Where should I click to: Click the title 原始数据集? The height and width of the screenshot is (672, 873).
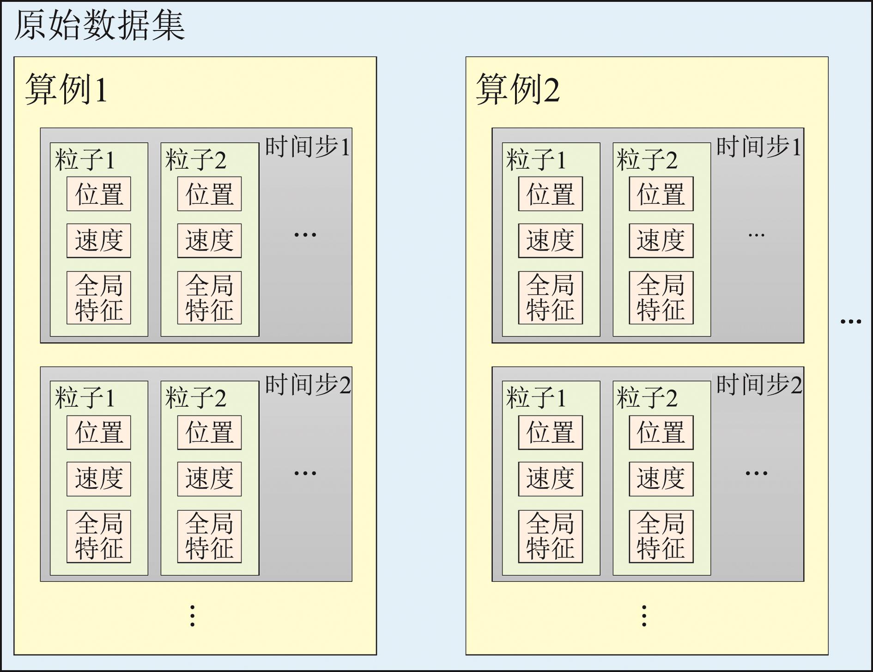tap(100, 25)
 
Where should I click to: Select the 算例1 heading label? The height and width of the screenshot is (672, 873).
tap(66, 89)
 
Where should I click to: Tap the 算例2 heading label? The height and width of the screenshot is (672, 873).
tap(517, 89)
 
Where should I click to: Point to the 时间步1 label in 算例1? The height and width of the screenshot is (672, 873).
tap(307, 147)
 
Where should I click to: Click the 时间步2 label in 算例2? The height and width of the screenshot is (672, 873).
tap(759, 385)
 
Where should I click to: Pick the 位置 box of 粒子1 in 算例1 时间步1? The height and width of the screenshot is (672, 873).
tap(99, 194)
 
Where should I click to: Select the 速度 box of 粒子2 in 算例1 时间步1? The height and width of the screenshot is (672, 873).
tap(209, 241)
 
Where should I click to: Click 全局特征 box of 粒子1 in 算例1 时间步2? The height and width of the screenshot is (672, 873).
tap(99, 536)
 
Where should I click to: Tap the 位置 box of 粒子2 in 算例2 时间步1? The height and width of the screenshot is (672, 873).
tap(661, 194)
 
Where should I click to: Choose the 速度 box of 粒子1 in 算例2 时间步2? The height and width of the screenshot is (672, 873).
tap(550, 479)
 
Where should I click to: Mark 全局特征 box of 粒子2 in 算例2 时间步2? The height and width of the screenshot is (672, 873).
tap(661, 536)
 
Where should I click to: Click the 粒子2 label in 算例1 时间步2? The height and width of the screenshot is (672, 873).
tap(196, 398)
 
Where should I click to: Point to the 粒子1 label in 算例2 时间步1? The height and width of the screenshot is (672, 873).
tap(536, 160)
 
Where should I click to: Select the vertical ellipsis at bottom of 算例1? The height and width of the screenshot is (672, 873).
tap(193, 616)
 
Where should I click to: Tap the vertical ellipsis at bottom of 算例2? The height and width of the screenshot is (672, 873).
tap(644, 616)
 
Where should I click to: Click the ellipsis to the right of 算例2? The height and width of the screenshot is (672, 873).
tap(850, 321)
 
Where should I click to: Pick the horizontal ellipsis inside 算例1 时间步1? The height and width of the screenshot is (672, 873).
tap(305, 235)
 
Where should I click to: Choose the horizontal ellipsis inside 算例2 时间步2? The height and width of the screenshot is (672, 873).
tap(756, 473)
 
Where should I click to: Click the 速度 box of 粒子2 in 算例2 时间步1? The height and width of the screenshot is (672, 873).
tap(661, 241)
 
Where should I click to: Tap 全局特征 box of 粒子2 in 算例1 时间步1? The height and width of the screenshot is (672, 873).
tap(209, 298)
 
